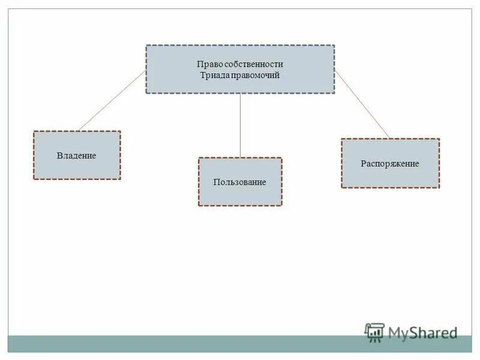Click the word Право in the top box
point(208,64)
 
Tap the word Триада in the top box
point(213,76)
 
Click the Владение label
point(76,155)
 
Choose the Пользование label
point(239,182)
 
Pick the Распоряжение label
point(390,163)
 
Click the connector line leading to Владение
point(111,101)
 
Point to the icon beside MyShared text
point(374,332)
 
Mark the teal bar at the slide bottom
point(180,343)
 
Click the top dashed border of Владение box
point(76,131)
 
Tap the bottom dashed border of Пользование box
point(239,206)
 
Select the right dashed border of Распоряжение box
point(439,163)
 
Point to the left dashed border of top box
point(146,69)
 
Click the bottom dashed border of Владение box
point(76,179)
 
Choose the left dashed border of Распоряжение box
point(341,163)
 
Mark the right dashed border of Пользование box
point(281,182)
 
